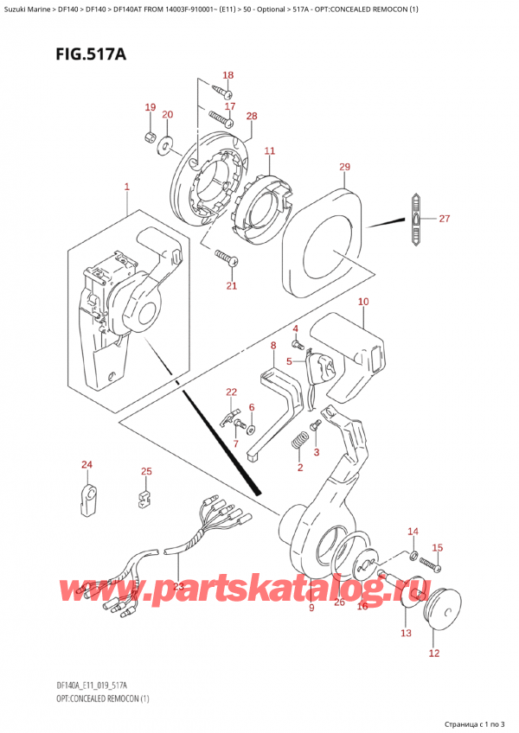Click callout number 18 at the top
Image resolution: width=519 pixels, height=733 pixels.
click(228, 75)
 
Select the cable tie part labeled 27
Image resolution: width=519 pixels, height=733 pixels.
click(416, 220)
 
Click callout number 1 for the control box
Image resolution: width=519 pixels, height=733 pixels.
click(126, 187)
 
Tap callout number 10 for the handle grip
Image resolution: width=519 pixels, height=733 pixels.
click(362, 302)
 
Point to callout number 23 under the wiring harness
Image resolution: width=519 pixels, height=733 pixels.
click(178, 585)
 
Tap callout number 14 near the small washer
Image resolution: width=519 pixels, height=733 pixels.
click(413, 531)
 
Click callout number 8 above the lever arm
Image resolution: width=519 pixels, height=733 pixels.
click(272, 346)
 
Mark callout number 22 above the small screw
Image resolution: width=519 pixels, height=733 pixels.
click(231, 392)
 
